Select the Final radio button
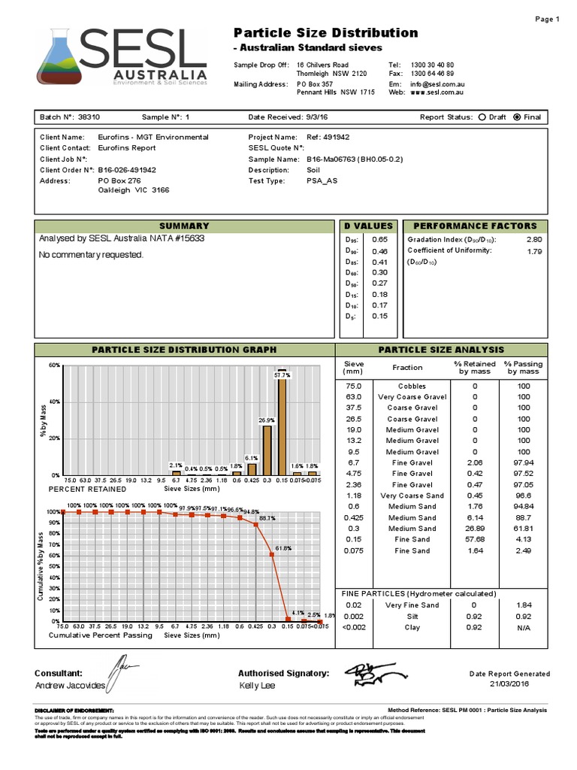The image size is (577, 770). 516,117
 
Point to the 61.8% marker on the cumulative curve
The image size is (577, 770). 271,555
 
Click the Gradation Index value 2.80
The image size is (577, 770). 533,239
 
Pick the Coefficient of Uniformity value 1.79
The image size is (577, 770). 534,251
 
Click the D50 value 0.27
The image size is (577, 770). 379,283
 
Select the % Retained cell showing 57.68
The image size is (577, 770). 475,540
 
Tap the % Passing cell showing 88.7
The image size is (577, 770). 524,518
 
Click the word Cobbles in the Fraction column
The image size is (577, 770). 412,386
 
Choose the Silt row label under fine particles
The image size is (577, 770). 412,616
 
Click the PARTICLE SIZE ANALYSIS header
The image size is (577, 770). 441,350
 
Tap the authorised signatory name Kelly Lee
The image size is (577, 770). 257,686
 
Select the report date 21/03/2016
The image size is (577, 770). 509,684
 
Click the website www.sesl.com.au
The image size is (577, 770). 436,92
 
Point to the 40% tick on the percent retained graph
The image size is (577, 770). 53,402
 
